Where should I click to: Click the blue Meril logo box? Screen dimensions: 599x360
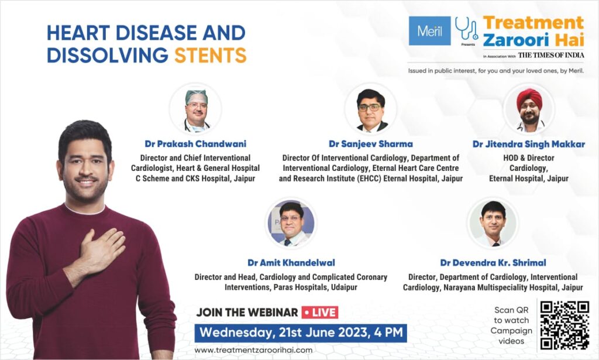pos(429,31)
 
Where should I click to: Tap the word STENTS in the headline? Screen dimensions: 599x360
pos(211,56)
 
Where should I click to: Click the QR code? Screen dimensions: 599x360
pos(564,325)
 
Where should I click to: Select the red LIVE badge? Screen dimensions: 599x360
pos(320,313)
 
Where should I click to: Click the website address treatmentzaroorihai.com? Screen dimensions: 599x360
pos(253,350)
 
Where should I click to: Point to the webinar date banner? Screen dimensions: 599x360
pos(301,332)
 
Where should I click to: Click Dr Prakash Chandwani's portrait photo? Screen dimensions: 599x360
pos(196,109)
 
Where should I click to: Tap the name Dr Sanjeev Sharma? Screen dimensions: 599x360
pos(370,144)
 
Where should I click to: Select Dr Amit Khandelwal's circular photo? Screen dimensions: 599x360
pos(291,223)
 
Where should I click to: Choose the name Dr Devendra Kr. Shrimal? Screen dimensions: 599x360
pos(493,263)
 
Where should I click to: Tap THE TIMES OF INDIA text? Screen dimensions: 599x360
pos(551,56)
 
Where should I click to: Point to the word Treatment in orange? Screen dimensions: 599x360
pos(533,23)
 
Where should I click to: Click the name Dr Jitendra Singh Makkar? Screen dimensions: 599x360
pos(529,144)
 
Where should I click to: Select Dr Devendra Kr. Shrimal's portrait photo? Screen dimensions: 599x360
pos(493,223)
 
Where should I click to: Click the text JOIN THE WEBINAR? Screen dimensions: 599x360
pos(247,313)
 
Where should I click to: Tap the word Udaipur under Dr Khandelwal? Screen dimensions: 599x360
pos(344,287)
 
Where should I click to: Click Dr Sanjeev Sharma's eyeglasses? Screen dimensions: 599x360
pos(370,107)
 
